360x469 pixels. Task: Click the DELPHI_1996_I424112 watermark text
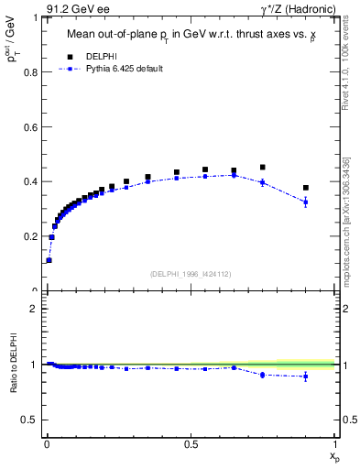click(x=190, y=274)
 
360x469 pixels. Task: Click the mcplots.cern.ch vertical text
click(x=344, y=220)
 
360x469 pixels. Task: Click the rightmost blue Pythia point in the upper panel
click(x=306, y=202)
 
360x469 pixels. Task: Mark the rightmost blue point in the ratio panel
click(x=306, y=376)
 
